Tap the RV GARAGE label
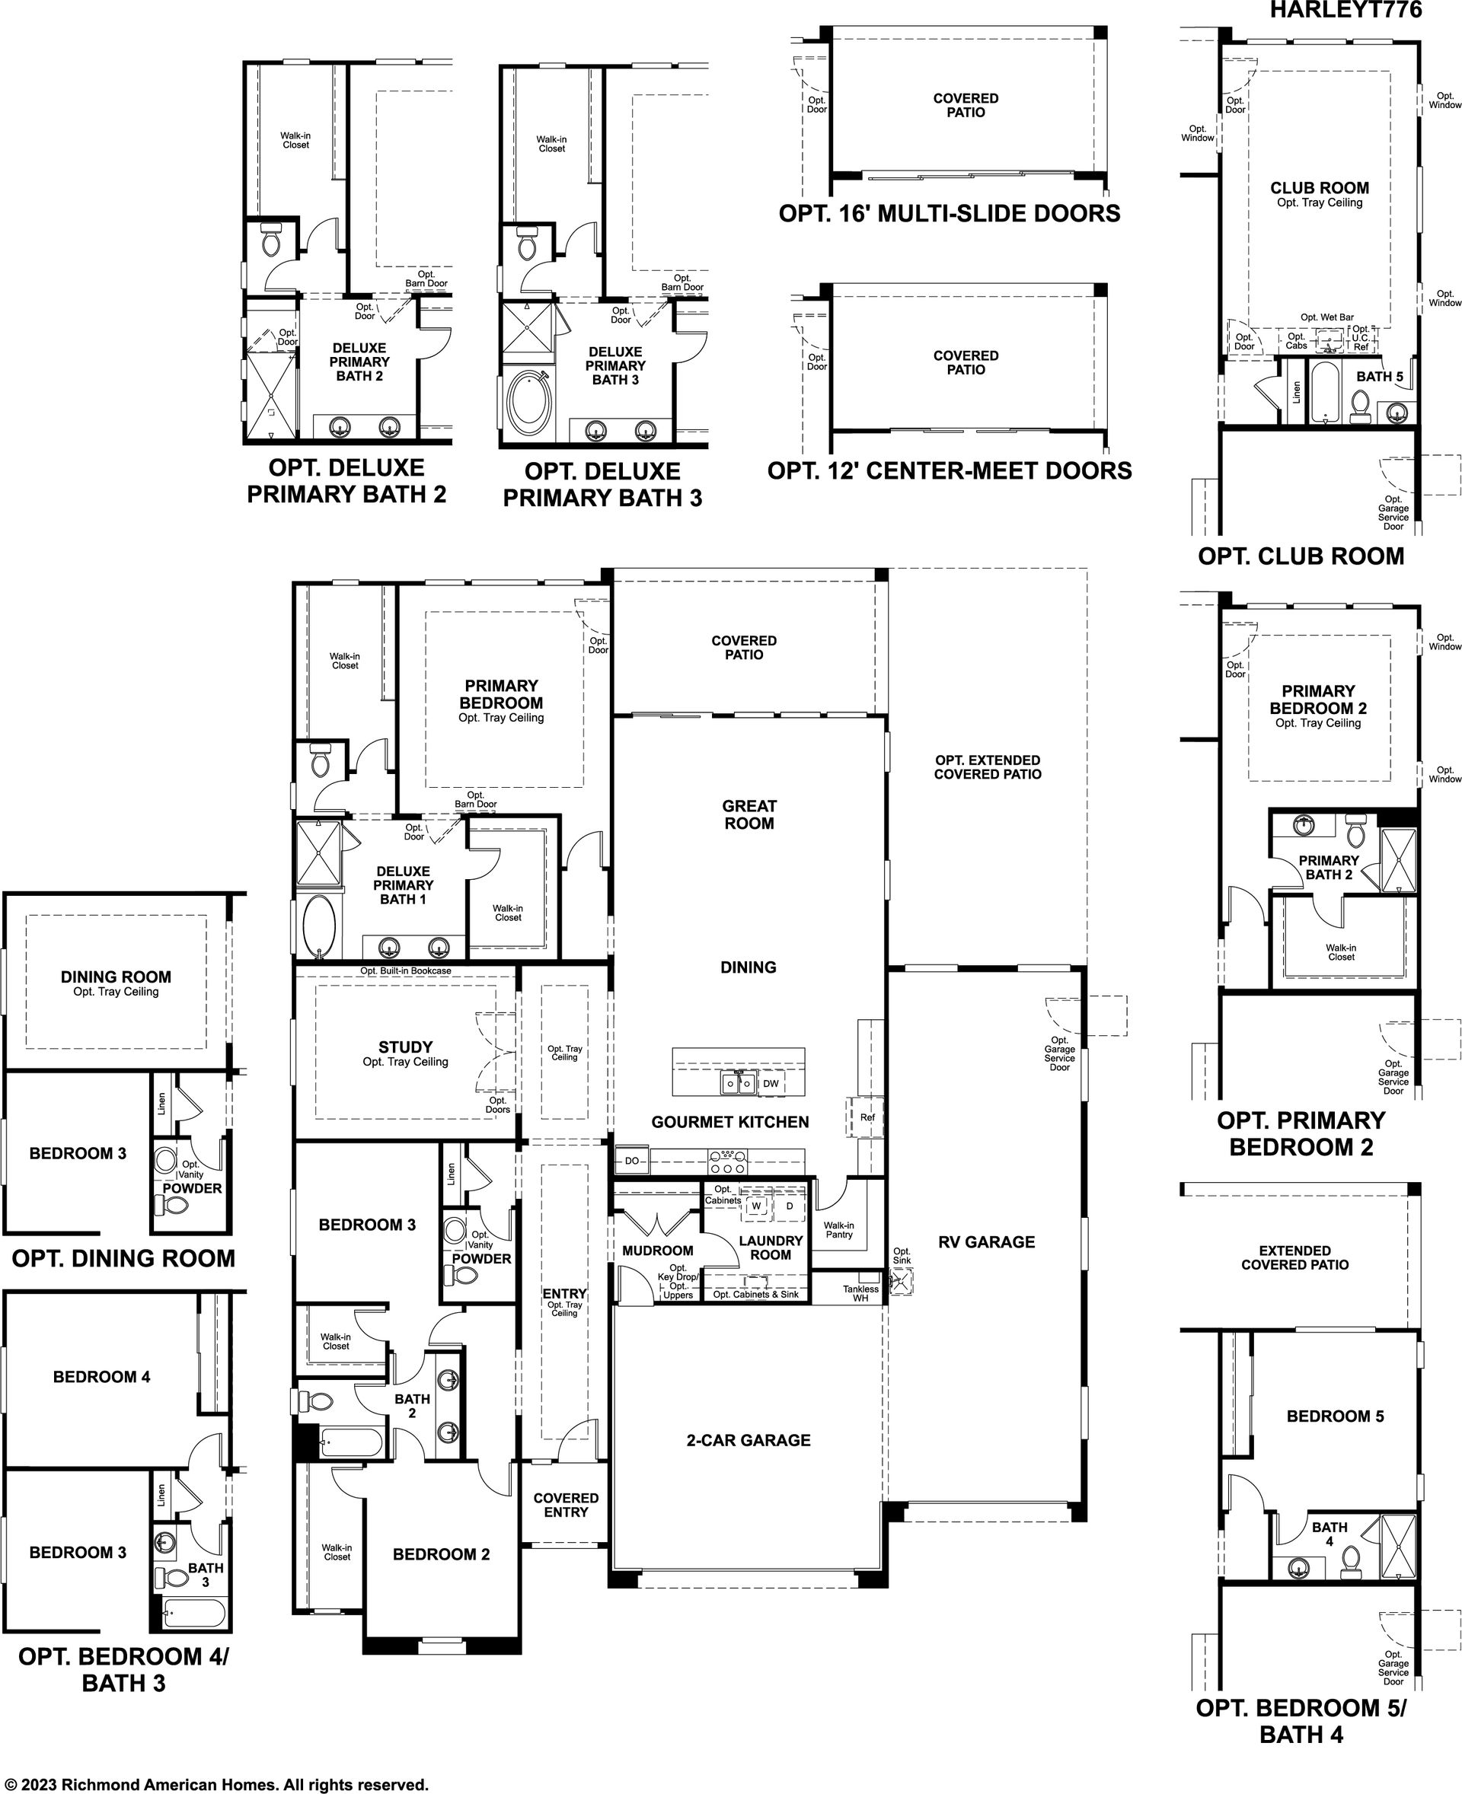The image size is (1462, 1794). click(986, 1241)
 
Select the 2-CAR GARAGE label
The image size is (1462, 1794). click(748, 1440)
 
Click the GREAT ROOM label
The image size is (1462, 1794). click(749, 814)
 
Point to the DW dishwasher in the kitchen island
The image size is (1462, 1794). click(771, 1083)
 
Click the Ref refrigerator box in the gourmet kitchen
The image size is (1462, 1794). click(867, 1117)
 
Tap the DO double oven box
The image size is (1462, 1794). click(631, 1161)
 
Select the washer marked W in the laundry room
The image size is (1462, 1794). click(755, 1206)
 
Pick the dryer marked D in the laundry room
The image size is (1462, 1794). click(789, 1206)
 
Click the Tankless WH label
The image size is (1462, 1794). click(860, 1293)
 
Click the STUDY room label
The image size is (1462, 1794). click(405, 1047)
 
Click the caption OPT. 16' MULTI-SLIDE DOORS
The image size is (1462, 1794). click(949, 214)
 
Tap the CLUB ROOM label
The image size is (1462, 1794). click(1320, 188)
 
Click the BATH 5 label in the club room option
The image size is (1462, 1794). click(1380, 376)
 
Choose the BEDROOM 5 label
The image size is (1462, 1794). click(1335, 1416)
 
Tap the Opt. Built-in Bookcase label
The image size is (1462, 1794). click(406, 970)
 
